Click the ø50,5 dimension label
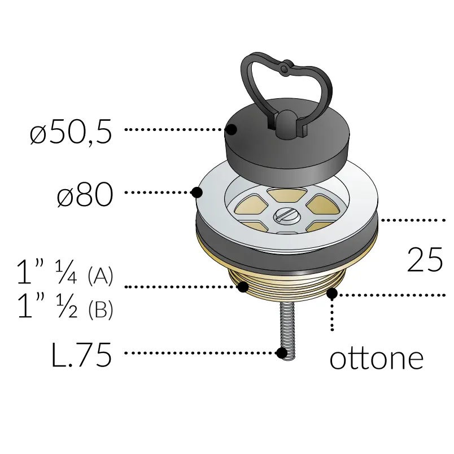click(71, 133)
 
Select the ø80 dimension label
click(85, 196)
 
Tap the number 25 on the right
click(425, 260)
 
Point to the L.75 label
click(81, 356)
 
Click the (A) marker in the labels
click(101, 277)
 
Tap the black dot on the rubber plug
click(231, 129)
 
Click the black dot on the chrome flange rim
click(197, 193)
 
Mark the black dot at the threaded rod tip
click(282, 353)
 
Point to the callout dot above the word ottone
click(332, 293)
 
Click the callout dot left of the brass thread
click(243, 287)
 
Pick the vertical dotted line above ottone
click(332, 316)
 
